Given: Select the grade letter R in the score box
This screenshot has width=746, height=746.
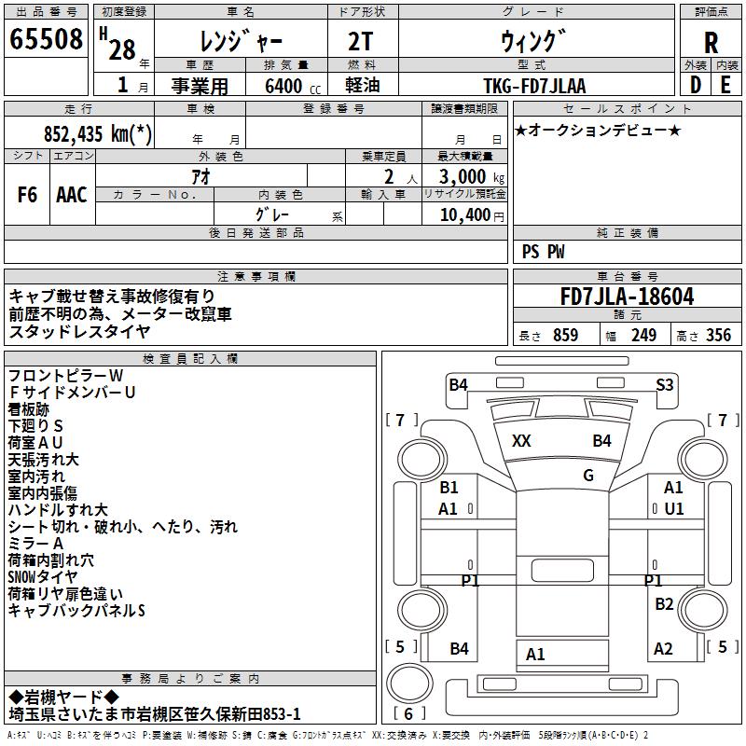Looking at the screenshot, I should click(711, 42).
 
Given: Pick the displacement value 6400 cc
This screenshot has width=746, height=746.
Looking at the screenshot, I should click(284, 86).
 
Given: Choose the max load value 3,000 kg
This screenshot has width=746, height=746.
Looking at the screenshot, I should click(463, 176).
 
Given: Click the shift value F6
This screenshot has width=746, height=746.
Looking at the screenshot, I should click(28, 195).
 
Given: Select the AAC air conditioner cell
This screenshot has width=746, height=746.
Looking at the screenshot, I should click(72, 195).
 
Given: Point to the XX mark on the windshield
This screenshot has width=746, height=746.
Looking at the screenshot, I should click(521, 441).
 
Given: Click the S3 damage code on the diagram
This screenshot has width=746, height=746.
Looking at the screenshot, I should click(665, 384).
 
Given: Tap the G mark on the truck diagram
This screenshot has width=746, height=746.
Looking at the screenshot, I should click(587, 476).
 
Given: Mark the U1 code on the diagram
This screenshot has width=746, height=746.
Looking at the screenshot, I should click(673, 508).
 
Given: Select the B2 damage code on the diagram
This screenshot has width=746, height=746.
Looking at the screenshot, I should click(664, 604).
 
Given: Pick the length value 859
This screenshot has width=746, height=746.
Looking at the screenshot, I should click(565, 336).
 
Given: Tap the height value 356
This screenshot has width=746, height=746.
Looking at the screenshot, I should click(718, 336).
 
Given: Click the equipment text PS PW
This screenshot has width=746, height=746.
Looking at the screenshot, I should click(544, 252).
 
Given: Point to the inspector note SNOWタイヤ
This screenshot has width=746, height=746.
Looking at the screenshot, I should click(42, 576).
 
